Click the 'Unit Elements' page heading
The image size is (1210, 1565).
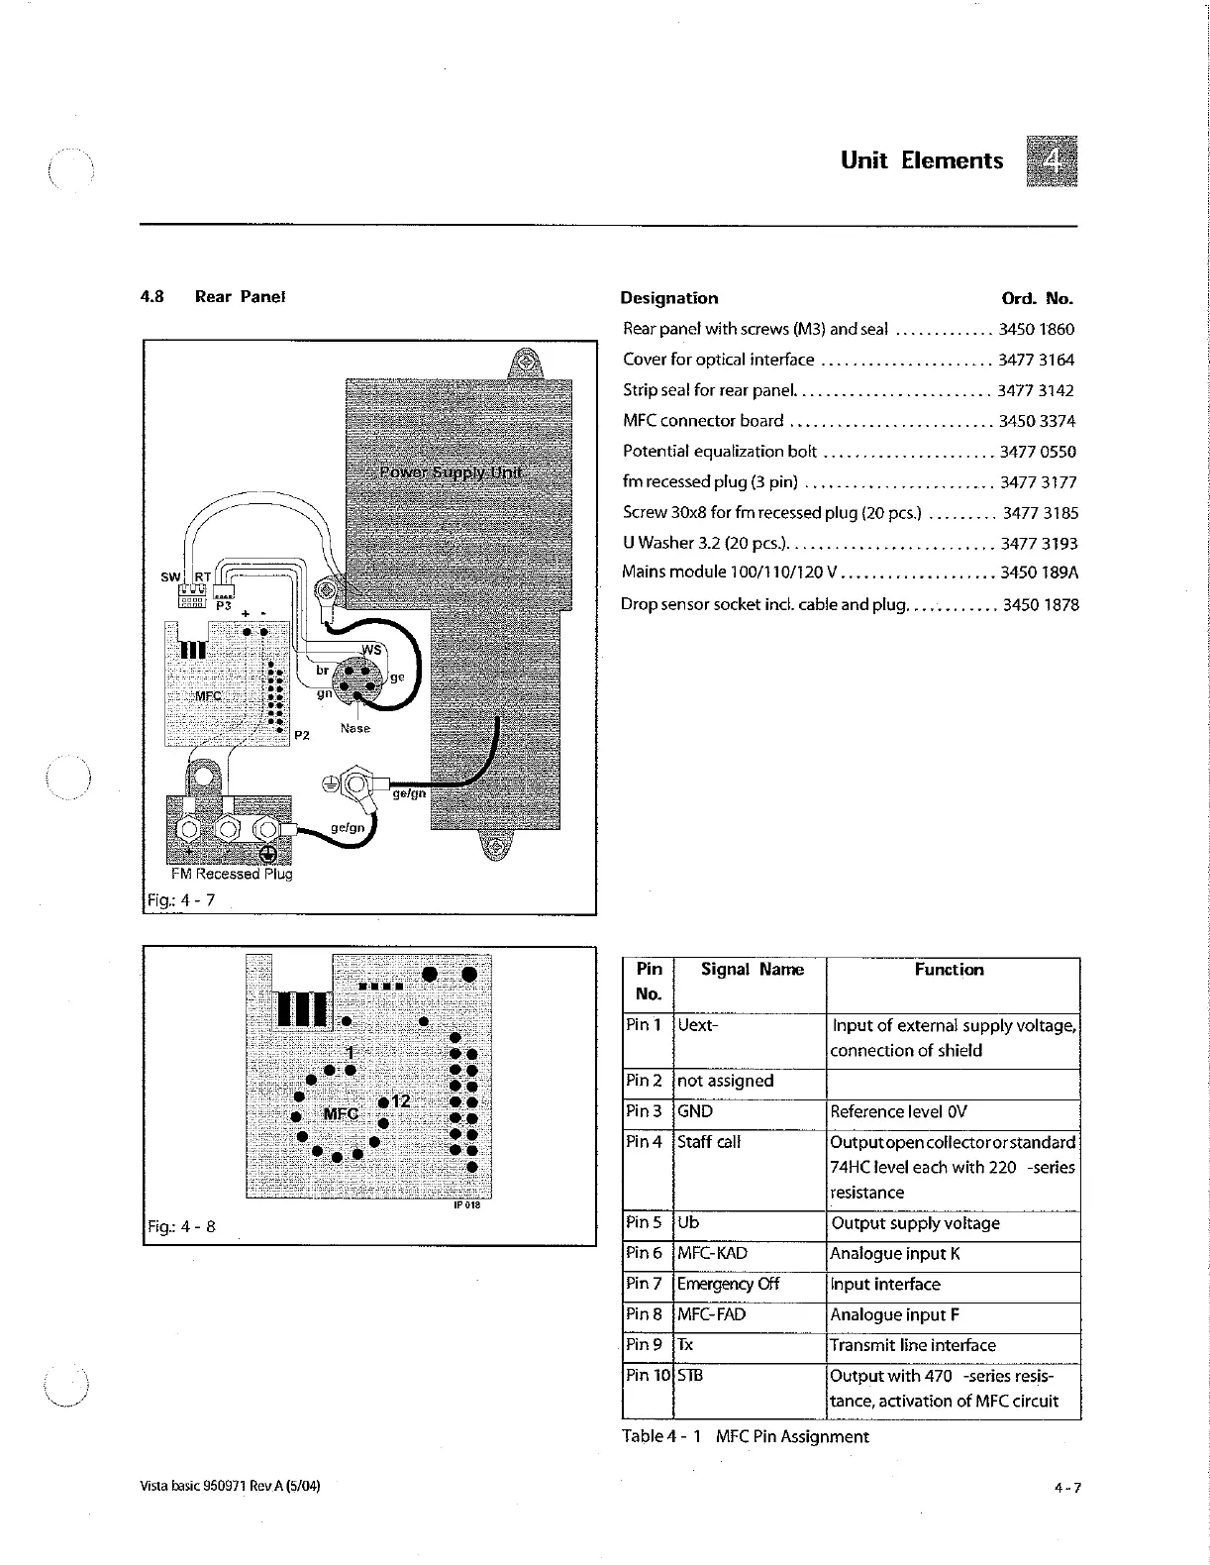tap(921, 160)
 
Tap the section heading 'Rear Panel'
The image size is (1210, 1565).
tap(240, 296)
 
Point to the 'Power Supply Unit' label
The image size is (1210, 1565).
tap(451, 471)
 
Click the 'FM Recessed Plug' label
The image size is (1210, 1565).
tap(232, 874)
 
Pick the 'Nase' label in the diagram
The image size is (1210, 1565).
tap(354, 728)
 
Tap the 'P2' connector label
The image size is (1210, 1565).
tap(302, 735)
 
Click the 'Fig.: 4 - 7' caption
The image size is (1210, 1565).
tap(180, 900)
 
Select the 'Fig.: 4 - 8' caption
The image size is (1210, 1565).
tap(180, 1226)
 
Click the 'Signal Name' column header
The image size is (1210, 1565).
tap(752, 970)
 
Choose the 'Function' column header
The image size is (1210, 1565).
tap(949, 970)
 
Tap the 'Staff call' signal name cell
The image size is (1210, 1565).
tap(708, 1142)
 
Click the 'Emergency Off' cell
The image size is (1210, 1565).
tap(728, 1284)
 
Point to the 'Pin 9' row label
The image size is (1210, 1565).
tap(644, 1344)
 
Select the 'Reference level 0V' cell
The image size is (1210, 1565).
tap(898, 1111)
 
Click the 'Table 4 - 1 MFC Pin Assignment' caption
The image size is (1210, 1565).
tap(745, 1436)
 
